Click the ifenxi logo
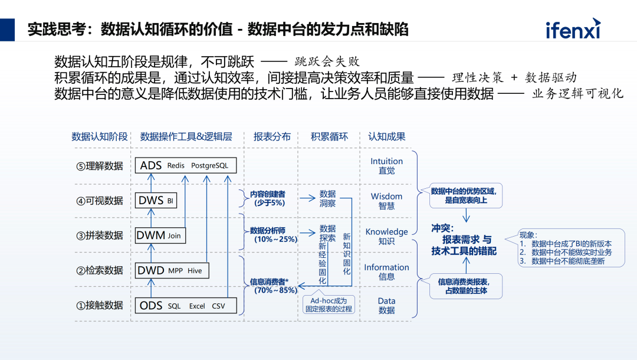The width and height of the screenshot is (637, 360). [572, 28]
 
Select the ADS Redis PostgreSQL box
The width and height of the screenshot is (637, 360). [186, 166]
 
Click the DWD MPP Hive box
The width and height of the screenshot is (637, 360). [172, 270]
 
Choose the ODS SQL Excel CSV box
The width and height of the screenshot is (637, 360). [186, 306]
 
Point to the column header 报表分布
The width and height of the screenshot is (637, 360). [272, 136]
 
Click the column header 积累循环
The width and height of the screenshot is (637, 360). [329, 136]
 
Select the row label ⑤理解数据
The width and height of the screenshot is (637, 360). [100, 166]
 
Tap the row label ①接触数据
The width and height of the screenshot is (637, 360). [100, 305]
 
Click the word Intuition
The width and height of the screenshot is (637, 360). [386, 161]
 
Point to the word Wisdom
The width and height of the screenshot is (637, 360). [386, 196]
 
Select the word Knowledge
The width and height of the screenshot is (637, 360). [386, 231]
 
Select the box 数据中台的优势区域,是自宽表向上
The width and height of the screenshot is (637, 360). [466, 195]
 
